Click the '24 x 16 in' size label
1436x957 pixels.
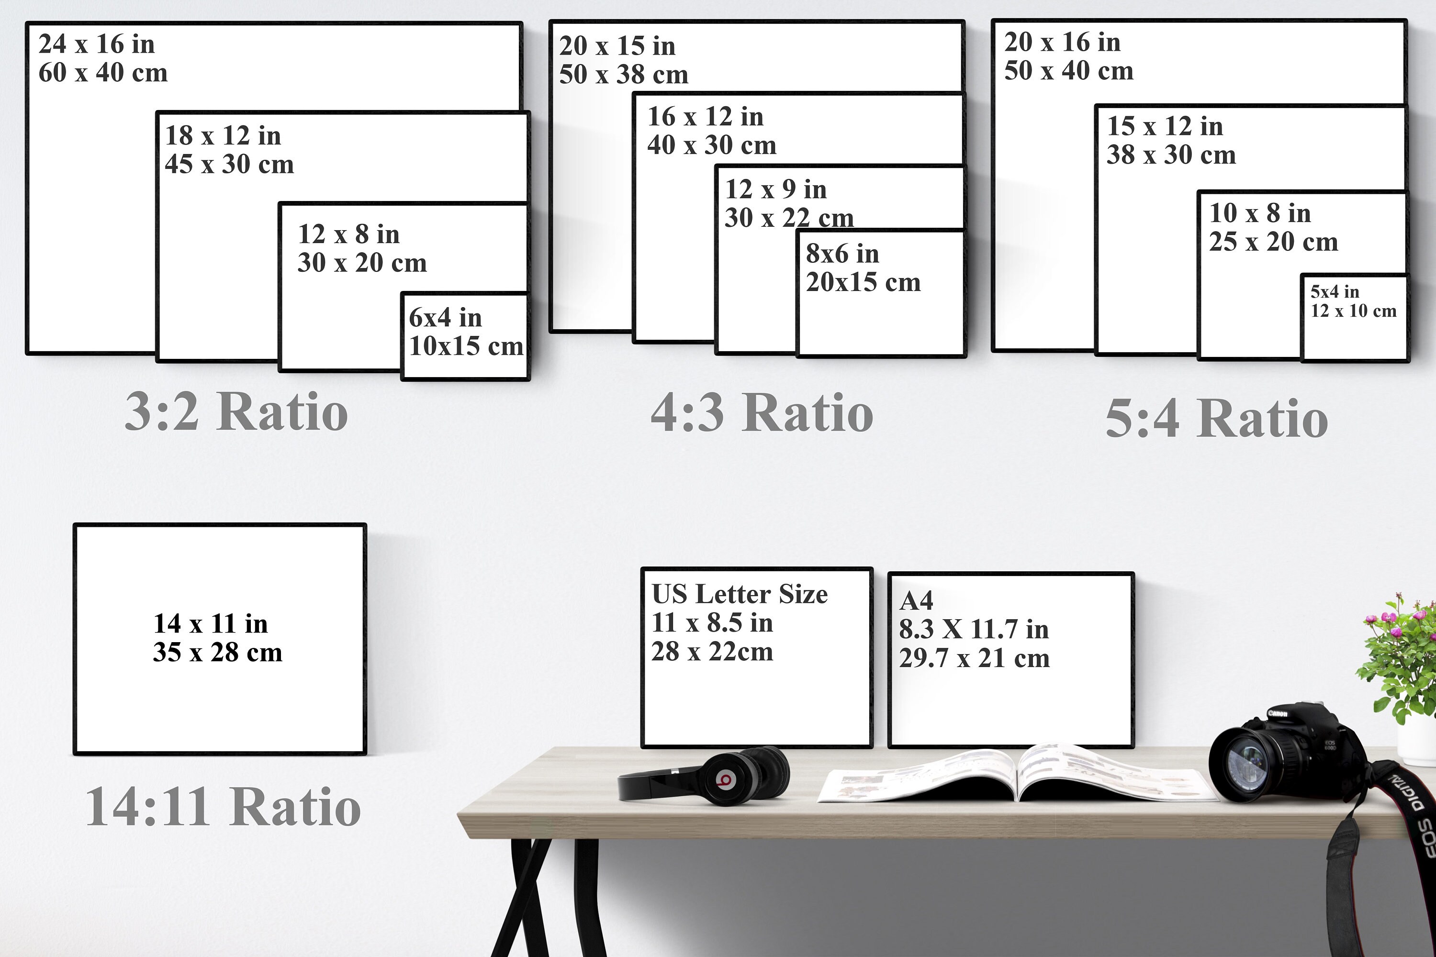point(97,44)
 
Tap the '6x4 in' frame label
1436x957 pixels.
point(445,317)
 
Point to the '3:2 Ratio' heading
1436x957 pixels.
point(236,412)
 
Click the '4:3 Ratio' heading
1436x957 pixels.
point(762,413)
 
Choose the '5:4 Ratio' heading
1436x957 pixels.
point(1217,418)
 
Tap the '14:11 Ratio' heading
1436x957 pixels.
point(224,807)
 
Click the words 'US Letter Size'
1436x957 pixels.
point(740,594)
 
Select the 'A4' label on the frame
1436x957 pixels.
point(916,601)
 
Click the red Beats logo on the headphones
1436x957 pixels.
point(725,779)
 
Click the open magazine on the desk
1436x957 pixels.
point(1017,774)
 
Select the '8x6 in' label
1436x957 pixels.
point(842,254)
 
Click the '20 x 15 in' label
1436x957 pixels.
point(617,46)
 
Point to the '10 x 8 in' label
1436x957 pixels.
point(1260,213)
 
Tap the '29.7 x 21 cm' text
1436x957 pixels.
point(975,658)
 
